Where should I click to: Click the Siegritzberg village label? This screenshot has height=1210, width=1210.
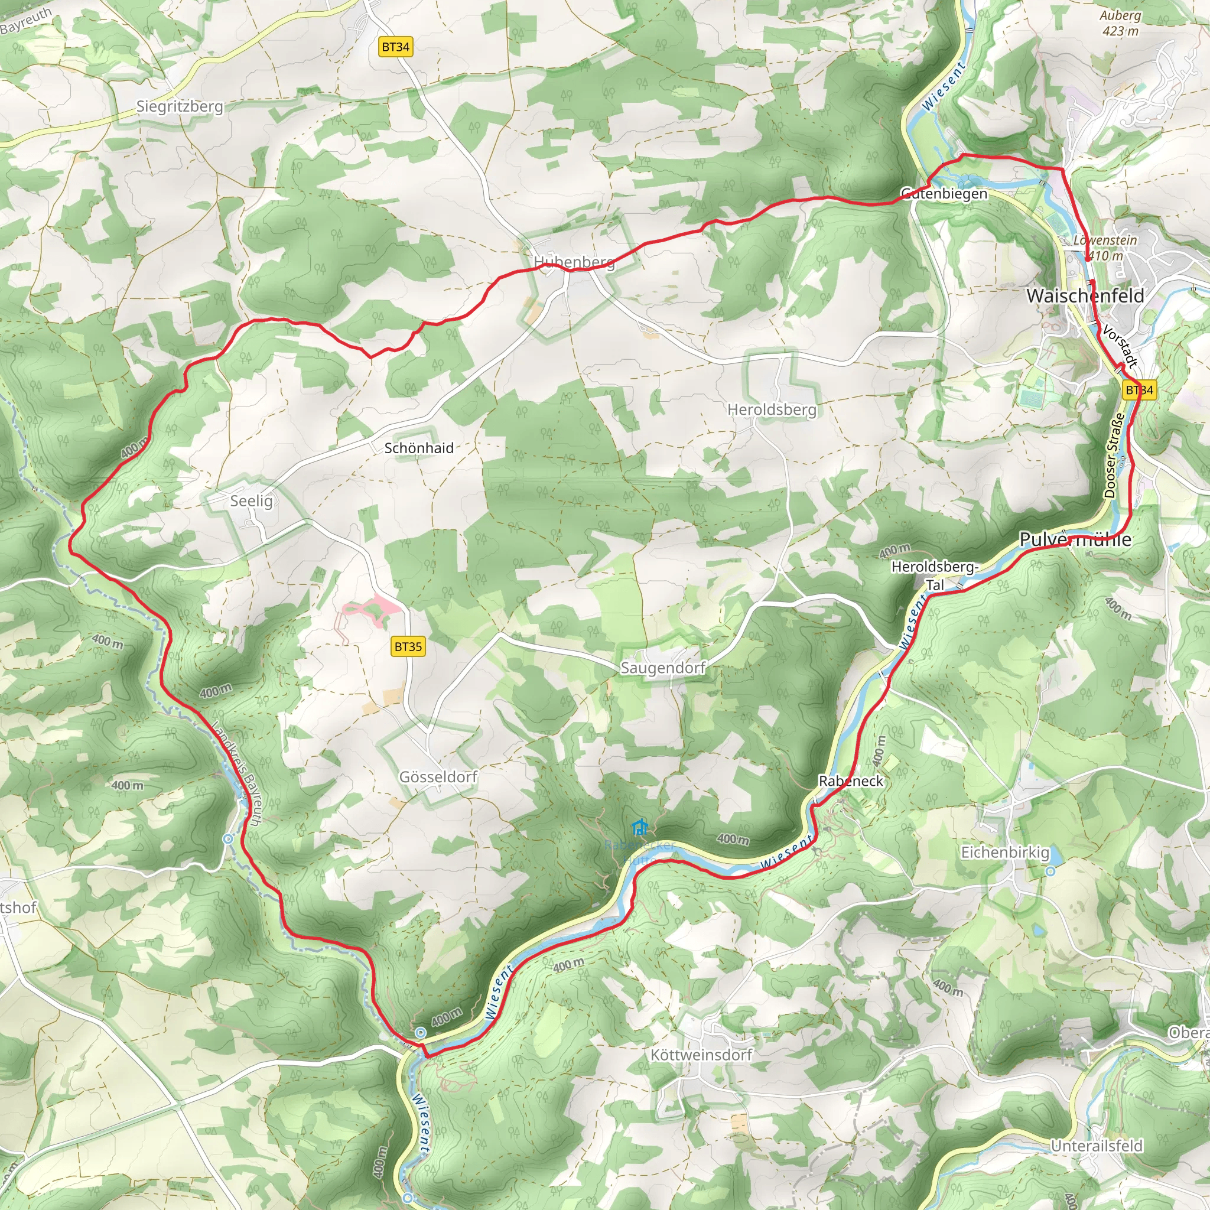click(x=180, y=106)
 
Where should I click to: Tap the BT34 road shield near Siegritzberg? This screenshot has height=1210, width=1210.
click(x=396, y=47)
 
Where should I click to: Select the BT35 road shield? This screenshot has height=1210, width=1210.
click(x=408, y=646)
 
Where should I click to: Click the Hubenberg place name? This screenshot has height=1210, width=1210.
click(x=574, y=262)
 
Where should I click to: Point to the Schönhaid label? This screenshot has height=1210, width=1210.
click(x=418, y=448)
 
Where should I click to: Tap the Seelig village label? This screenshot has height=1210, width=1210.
click(x=251, y=501)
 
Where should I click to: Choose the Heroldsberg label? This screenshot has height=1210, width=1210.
click(x=772, y=409)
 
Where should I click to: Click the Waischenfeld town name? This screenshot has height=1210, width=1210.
click(x=1085, y=295)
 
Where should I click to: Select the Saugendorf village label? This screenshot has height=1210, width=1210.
click(x=663, y=668)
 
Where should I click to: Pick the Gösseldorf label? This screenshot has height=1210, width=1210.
click(x=438, y=776)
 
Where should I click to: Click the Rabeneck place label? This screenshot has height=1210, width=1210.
click(x=851, y=781)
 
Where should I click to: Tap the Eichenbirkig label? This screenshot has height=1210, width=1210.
click(x=1005, y=853)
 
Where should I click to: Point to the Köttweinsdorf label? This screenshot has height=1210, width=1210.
click(x=701, y=1055)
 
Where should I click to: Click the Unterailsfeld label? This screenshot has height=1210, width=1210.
click(x=1097, y=1146)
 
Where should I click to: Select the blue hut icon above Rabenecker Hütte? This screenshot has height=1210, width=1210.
click(x=639, y=828)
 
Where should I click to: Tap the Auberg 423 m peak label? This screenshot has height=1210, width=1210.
click(x=1120, y=22)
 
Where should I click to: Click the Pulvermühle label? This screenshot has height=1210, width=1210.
click(x=1075, y=539)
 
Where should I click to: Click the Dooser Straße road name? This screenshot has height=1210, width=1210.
click(x=1112, y=455)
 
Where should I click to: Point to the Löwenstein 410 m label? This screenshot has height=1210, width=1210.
click(x=1105, y=248)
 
